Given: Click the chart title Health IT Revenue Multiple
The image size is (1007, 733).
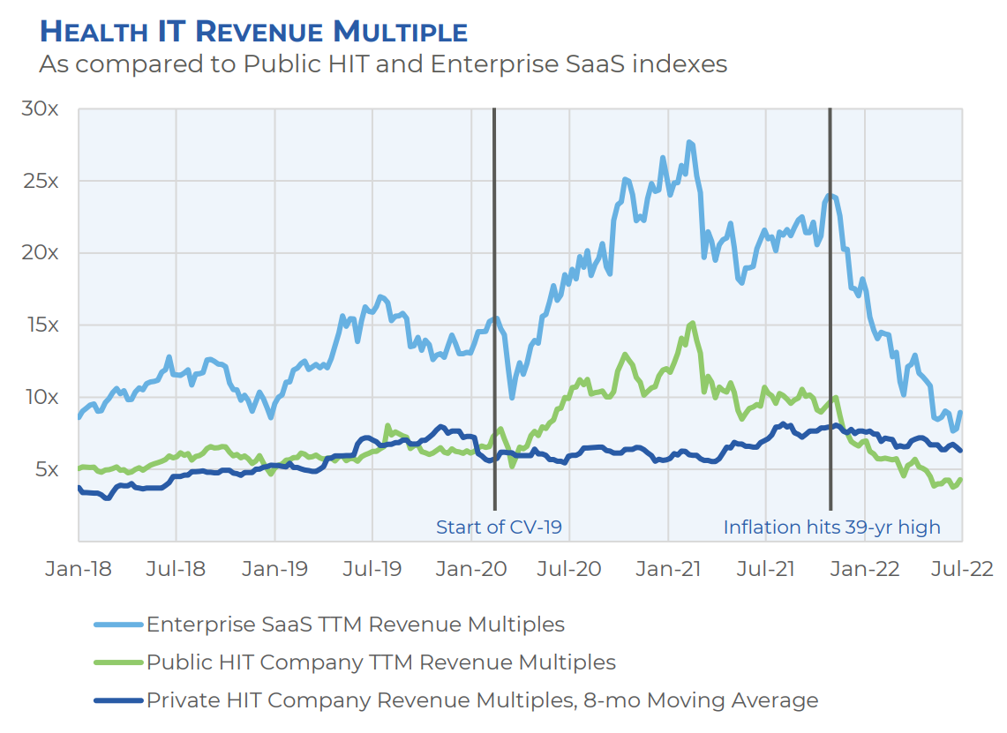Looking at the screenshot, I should tap(254, 32).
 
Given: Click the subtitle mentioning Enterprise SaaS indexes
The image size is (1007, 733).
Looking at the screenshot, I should tap(383, 64).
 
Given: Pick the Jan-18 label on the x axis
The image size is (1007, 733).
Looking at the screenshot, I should tap(79, 568).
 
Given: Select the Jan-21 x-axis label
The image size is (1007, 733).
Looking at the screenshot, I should tap(668, 568).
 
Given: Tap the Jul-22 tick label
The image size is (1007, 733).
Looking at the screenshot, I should tap(961, 568).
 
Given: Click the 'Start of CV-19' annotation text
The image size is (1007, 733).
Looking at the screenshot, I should tap(499, 527).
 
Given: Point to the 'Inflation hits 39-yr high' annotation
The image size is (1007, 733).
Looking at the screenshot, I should tap(831, 527).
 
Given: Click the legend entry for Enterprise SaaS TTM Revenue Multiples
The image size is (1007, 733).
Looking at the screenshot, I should tap(355, 625).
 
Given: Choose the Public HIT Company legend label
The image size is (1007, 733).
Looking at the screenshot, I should tap(380, 662).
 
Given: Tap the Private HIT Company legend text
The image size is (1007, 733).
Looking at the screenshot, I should tap(482, 700).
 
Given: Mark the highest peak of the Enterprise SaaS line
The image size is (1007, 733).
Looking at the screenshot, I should tap(689, 142).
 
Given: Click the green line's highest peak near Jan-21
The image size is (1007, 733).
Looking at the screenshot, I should tap(692, 323).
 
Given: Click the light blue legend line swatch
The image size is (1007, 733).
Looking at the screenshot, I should tap(117, 625).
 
